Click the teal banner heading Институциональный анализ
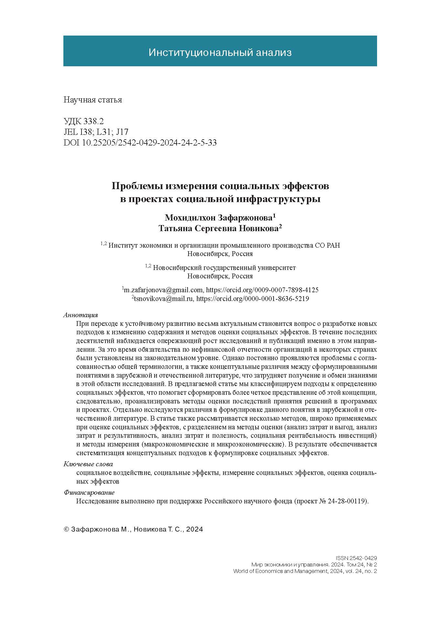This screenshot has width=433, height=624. tap(220, 52)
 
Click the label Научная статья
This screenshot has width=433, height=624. tap(93, 100)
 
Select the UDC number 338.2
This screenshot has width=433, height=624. tap(93, 122)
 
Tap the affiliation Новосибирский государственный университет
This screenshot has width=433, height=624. tap(224, 268)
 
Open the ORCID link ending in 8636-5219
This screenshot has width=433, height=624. tap(253, 299)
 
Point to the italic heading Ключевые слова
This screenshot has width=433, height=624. tap(88, 464)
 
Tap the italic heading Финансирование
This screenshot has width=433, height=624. tap(89, 493)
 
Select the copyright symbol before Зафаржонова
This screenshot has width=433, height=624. tap(66, 530)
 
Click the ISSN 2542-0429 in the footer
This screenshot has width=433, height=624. tap(356, 558)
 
